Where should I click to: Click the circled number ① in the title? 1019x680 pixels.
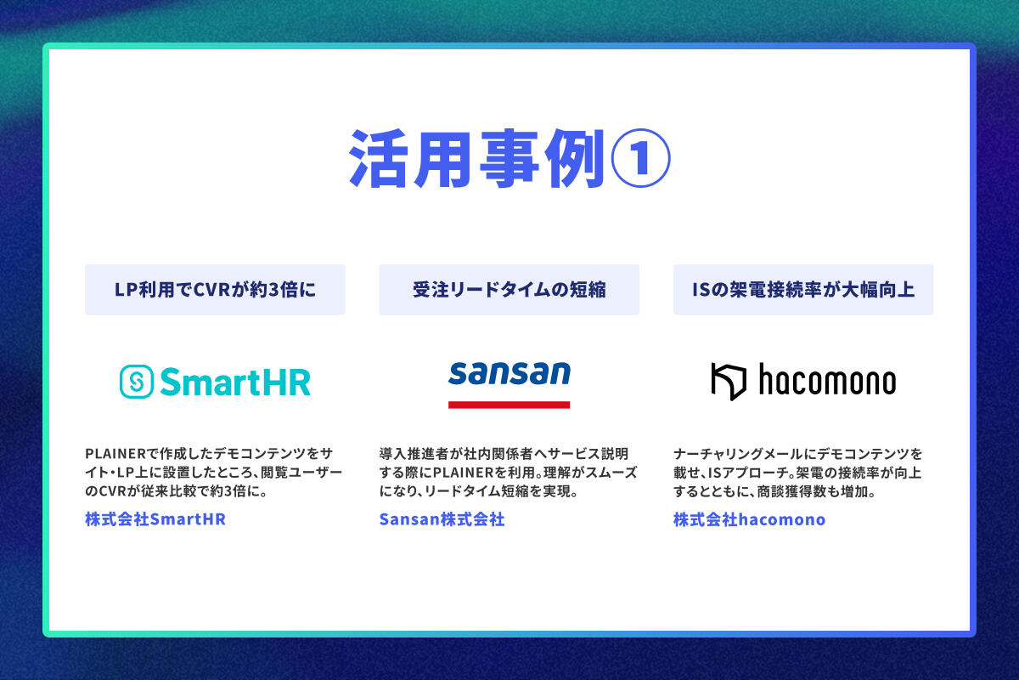pyautogui.click(x=640, y=158)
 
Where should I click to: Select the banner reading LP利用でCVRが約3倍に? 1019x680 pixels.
pyautogui.click(x=215, y=290)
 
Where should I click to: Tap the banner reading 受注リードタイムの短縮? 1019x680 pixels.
pyautogui.click(x=509, y=290)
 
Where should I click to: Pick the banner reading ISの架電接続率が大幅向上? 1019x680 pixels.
pyautogui.click(x=803, y=290)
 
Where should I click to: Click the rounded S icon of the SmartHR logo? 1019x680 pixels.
pyautogui.click(x=137, y=382)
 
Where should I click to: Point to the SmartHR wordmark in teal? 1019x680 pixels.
pyautogui.click(x=235, y=382)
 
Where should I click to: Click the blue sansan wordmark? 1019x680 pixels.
pyautogui.click(x=509, y=373)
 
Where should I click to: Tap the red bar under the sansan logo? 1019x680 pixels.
pyautogui.click(x=509, y=405)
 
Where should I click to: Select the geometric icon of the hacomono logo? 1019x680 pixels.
pyautogui.click(x=729, y=382)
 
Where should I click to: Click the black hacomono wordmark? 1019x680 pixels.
pyautogui.click(x=827, y=379)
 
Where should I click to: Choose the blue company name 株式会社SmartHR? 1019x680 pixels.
pyautogui.click(x=155, y=519)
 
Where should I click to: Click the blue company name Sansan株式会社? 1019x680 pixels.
pyautogui.click(x=442, y=519)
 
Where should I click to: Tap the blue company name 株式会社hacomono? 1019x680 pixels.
pyautogui.click(x=750, y=519)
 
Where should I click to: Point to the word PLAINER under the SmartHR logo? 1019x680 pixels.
pyautogui.click(x=115, y=454)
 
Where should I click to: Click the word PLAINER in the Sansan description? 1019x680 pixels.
pyautogui.click(x=463, y=473)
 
